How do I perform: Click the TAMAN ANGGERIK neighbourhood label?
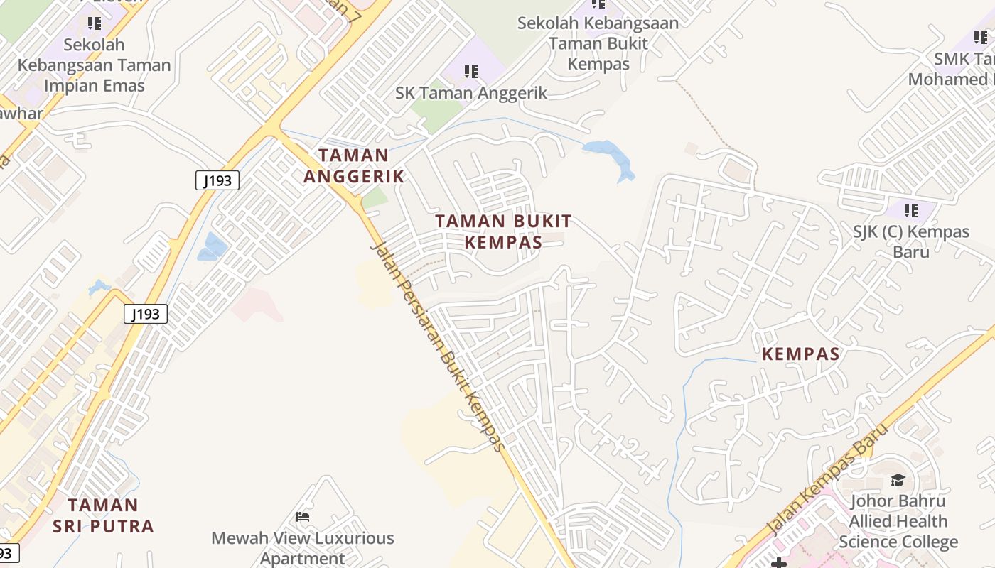coord(354,165)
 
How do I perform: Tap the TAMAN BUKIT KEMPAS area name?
coord(503,231)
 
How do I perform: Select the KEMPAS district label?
coord(801,354)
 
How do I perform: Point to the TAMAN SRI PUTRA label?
coord(103,515)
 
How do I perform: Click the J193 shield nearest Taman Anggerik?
coord(217,180)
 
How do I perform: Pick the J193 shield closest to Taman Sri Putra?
coord(146,314)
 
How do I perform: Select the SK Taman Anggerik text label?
coord(471,93)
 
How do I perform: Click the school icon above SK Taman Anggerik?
coord(470,71)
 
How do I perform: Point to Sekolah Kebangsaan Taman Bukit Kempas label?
coord(598,43)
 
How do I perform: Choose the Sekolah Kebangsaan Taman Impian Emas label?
coord(94,65)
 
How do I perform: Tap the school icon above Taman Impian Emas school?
coord(95,23)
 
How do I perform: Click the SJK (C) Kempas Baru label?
coord(911,241)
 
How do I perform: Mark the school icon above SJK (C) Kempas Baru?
coord(910,210)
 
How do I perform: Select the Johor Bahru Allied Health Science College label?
coord(898,521)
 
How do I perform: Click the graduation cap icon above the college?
coord(898,481)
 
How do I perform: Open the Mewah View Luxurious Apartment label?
coord(303,547)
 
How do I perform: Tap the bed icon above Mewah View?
coord(303,516)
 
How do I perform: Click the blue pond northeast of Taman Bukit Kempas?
coord(610,156)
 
